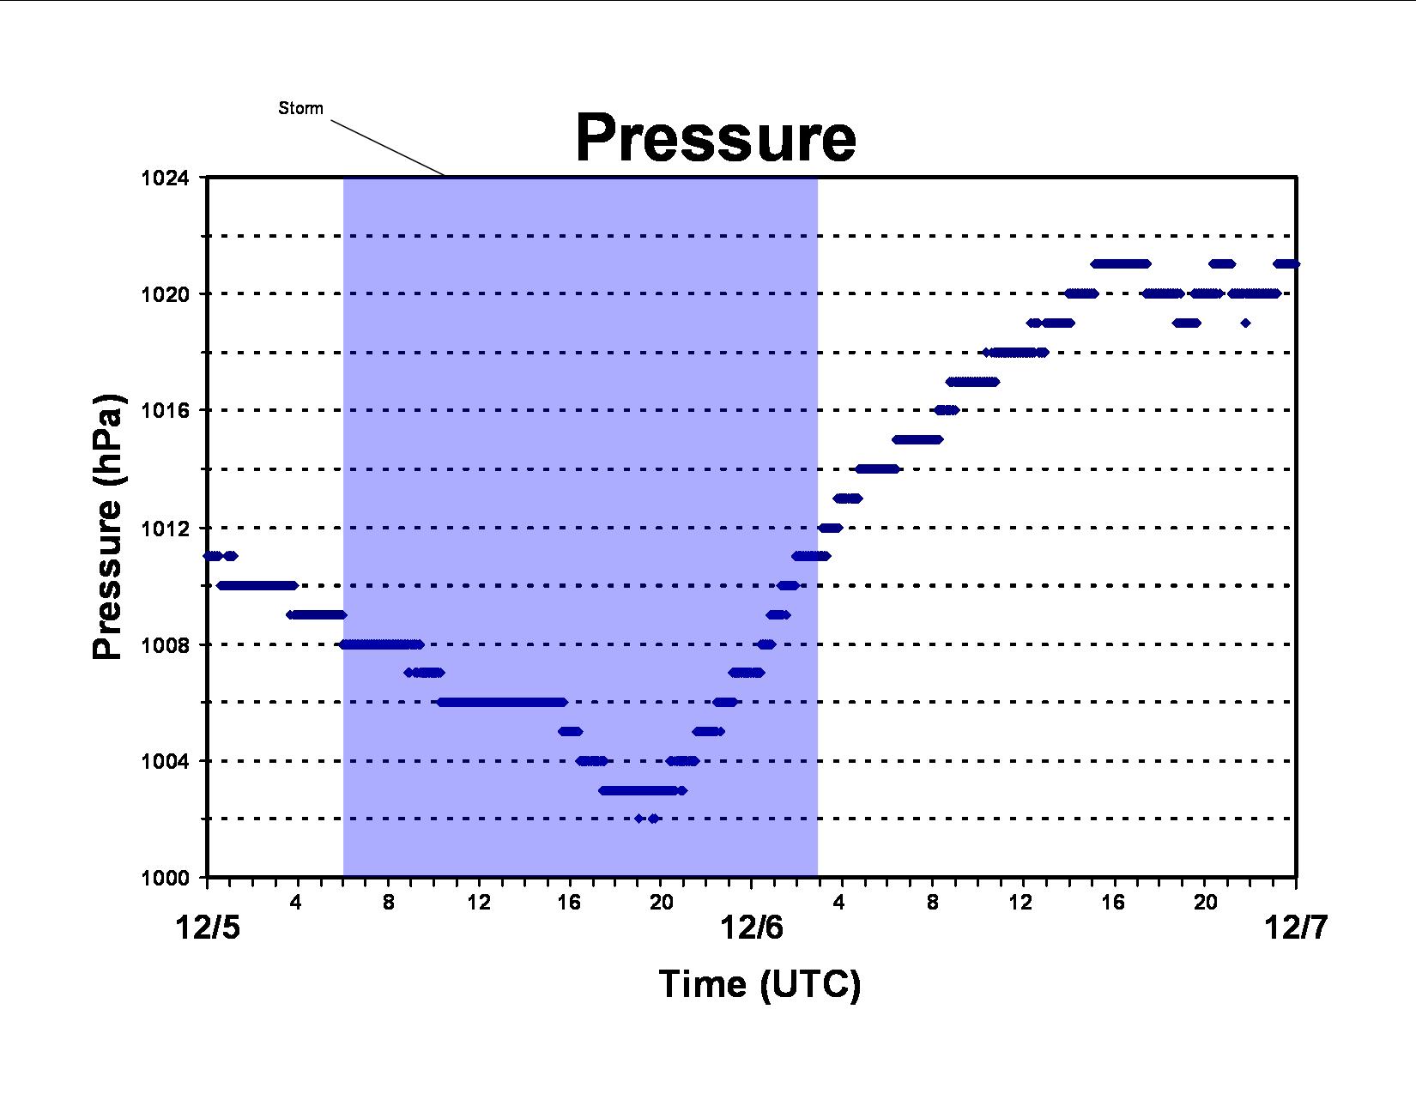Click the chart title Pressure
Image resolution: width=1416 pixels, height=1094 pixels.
716,137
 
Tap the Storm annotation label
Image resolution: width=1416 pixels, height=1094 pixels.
300,108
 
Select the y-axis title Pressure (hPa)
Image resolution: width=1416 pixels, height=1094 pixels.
107,527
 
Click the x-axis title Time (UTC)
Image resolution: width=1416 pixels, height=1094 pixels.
759,984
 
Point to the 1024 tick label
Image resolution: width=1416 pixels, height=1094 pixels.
165,178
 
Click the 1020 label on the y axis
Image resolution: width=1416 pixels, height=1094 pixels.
165,293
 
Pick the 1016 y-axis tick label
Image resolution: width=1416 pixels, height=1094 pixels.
165,410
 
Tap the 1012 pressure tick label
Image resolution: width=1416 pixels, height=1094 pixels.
165,528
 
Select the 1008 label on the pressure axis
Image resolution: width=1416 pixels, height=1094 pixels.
165,644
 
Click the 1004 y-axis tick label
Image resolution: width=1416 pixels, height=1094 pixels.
165,761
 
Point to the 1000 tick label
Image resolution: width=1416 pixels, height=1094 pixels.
165,878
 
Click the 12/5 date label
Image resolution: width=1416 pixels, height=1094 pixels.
207,928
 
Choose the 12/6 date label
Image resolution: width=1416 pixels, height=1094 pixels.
751,928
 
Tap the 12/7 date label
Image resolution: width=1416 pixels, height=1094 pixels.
1296,928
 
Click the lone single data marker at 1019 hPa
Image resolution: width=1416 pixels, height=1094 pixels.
1245,323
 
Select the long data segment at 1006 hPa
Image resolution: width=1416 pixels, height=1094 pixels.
502,702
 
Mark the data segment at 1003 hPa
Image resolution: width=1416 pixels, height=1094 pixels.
643,790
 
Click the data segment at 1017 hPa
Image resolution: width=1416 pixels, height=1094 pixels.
972,381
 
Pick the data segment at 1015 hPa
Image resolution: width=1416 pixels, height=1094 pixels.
917,439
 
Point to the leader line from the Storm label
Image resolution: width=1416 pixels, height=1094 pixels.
388,148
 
